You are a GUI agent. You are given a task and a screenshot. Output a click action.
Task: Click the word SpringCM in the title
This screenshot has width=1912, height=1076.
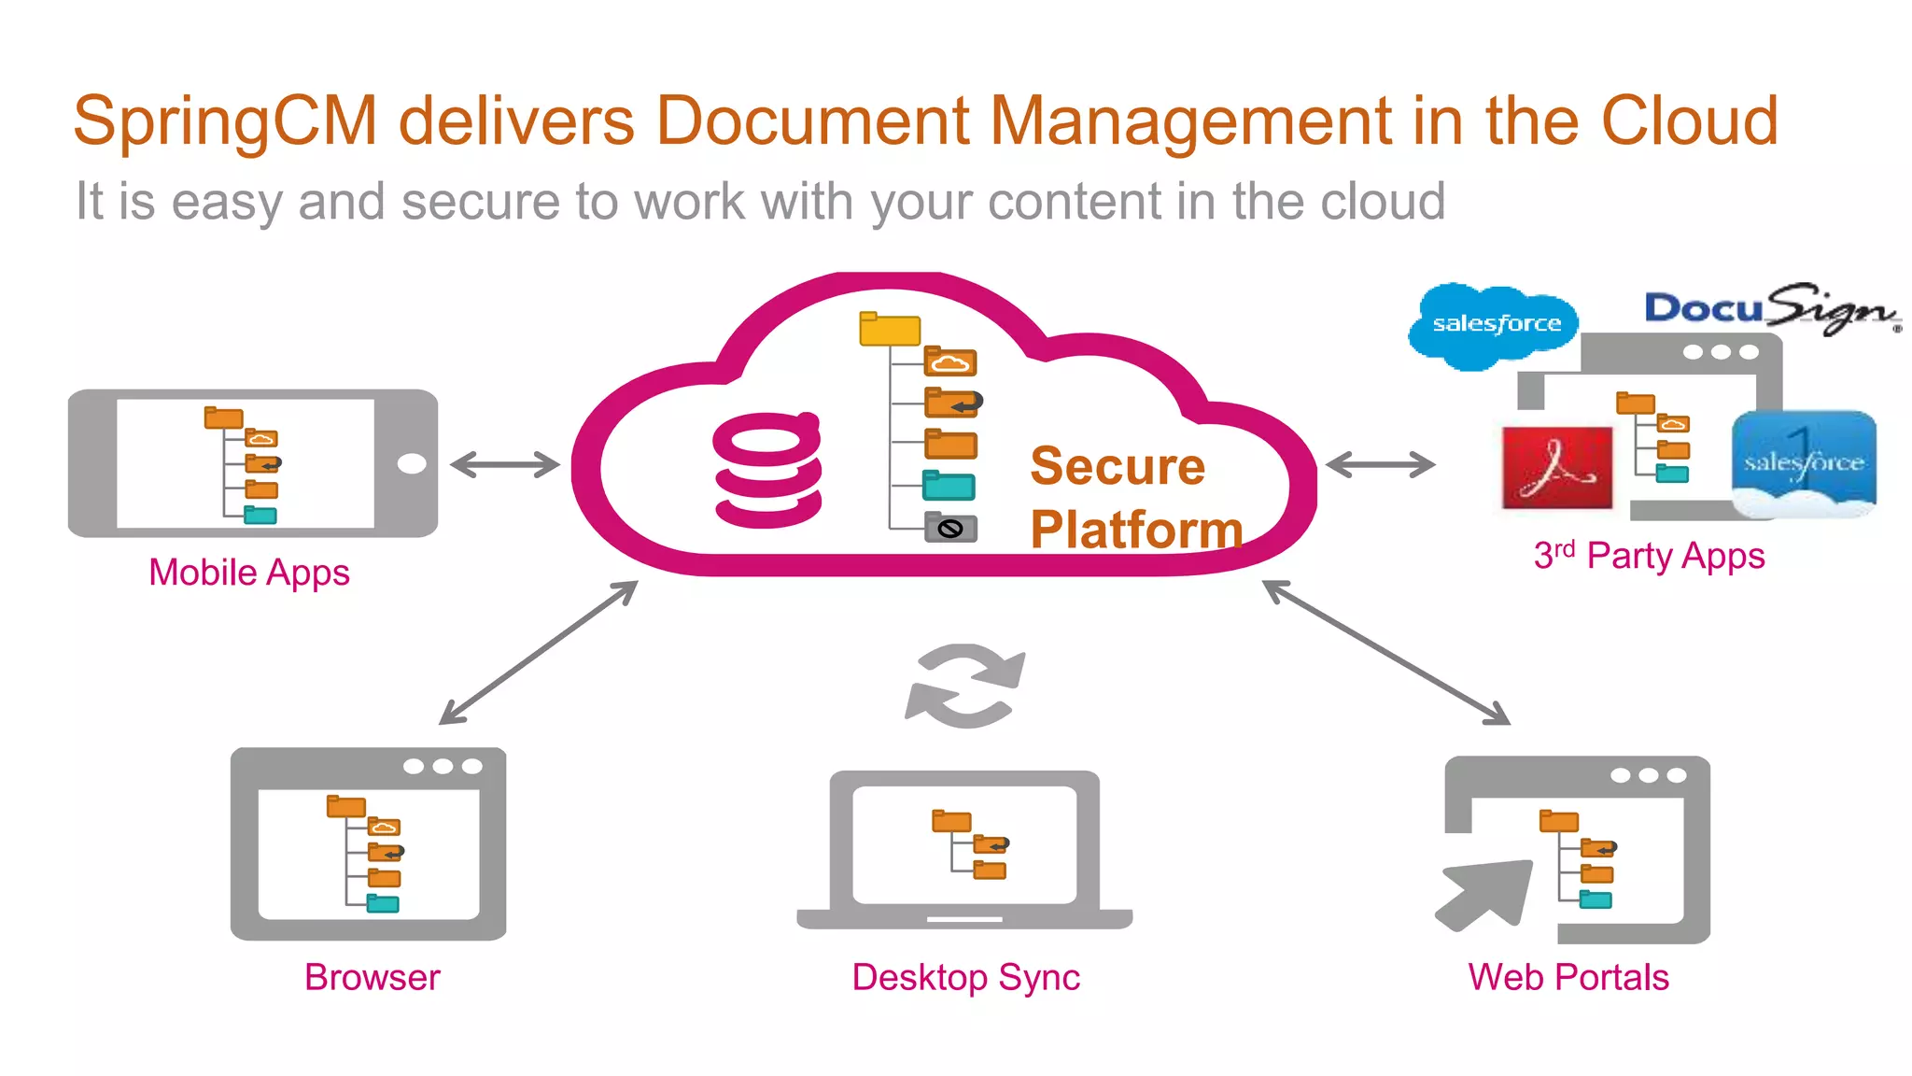225,122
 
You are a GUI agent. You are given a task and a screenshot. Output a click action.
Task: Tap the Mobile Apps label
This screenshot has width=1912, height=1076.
248,573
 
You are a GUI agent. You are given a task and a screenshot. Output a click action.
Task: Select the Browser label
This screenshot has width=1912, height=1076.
372,977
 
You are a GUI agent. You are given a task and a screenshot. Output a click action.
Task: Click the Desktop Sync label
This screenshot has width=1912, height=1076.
965,978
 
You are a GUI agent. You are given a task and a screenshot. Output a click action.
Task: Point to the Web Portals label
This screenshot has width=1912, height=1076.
1568,977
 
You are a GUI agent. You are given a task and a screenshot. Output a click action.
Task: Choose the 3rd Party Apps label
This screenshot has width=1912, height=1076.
1649,557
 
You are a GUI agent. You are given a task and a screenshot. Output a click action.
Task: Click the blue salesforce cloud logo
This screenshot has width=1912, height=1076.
1495,324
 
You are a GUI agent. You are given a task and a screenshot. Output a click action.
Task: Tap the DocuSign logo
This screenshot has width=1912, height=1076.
1768,309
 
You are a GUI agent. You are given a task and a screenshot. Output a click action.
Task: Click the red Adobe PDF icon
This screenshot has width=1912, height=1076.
1556,467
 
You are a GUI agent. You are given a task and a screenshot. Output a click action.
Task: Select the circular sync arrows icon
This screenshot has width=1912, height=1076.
965,687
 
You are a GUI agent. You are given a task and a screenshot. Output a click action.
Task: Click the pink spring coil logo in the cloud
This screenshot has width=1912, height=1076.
767,470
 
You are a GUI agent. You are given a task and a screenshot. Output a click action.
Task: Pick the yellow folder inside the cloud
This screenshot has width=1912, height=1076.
889,330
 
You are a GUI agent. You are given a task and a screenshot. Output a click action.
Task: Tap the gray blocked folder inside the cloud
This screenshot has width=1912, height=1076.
950,529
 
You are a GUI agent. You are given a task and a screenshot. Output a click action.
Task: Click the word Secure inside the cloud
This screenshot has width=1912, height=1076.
1117,466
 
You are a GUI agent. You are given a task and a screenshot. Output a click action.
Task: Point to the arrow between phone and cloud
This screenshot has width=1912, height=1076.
505,464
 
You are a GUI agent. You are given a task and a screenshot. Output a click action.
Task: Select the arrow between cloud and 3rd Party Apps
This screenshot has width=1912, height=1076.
1380,464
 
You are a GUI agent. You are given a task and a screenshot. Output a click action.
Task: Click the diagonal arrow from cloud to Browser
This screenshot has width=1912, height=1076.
538,653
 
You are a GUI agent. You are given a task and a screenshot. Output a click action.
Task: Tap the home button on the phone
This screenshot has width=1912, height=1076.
411,464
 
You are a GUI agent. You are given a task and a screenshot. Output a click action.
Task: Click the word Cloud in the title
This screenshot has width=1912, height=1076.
1689,122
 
